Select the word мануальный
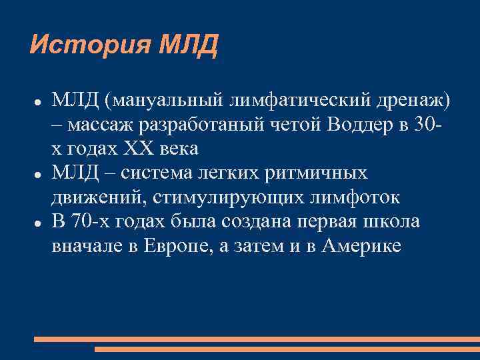click(x=161, y=101)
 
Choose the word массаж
click(x=101, y=125)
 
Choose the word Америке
click(x=361, y=245)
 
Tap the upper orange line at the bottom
click(x=257, y=339)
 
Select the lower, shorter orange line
click(x=287, y=349)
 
